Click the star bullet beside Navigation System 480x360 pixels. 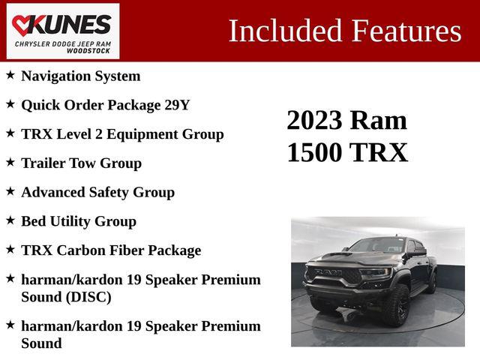click(10, 75)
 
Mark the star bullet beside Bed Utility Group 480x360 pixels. click(10, 220)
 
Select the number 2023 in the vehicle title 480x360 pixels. click(315, 120)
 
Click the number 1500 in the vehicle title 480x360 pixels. click(316, 152)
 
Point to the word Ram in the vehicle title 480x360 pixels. click(379, 120)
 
